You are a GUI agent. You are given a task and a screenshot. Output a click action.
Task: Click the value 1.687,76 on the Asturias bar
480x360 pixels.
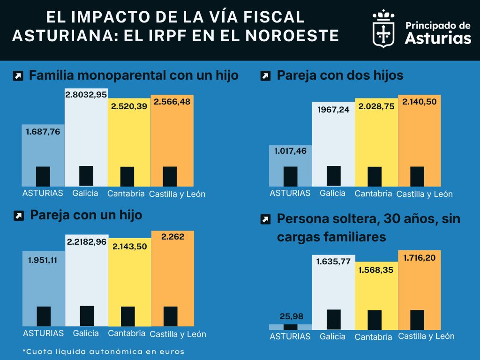pyautogui.click(x=43, y=132)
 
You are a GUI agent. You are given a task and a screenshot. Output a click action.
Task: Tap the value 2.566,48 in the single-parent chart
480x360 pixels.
pyautogui.click(x=172, y=102)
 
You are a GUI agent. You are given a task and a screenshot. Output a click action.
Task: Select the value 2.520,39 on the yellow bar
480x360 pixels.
pyautogui.click(x=129, y=106)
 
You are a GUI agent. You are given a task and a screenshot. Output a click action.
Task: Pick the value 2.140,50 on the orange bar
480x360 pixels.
pyautogui.click(x=420, y=102)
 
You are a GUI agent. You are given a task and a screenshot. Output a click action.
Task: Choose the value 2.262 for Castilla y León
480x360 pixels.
pyautogui.click(x=172, y=237)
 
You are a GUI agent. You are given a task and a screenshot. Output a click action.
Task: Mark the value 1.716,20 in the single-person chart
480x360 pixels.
pyautogui.click(x=420, y=257)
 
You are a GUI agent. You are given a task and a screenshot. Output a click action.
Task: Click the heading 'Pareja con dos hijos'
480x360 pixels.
pyautogui.click(x=340, y=75)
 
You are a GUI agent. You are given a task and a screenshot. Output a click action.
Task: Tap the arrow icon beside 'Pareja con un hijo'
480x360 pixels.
pyautogui.click(x=19, y=216)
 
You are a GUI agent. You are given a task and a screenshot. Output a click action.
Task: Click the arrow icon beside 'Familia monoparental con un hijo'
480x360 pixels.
pyautogui.click(x=18, y=76)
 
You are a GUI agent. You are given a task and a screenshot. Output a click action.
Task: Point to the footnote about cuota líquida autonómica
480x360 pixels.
pyautogui.click(x=104, y=351)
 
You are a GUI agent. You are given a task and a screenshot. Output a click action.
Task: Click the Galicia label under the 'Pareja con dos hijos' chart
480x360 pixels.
pyautogui.click(x=333, y=193)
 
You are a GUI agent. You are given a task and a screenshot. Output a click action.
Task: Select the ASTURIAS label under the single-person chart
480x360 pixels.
pyautogui.click(x=290, y=337)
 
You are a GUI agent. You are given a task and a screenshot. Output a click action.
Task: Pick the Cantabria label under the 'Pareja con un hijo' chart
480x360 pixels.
pyautogui.click(x=127, y=334)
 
